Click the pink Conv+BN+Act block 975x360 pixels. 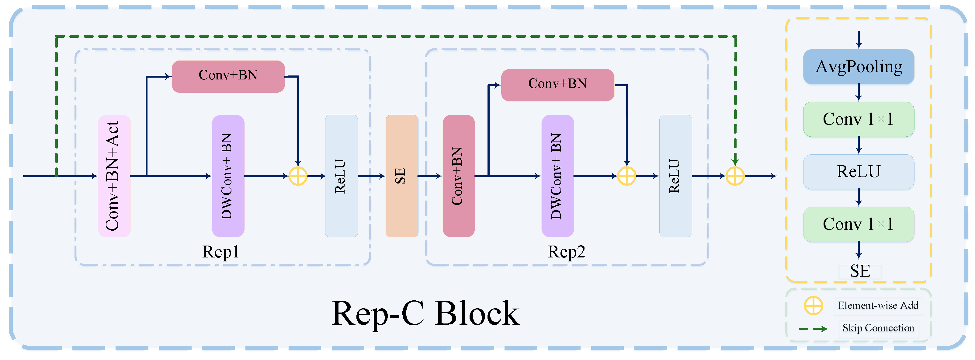point(114,176)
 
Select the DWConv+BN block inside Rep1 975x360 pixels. point(228,176)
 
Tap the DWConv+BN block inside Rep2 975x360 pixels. point(557,176)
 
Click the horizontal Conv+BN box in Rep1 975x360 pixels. point(228,76)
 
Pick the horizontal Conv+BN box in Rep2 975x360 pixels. point(557,85)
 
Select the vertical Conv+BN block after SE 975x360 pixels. point(458,176)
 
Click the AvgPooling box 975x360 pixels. point(859,67)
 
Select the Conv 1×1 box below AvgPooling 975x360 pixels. point(859,119)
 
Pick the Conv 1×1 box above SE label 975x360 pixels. point(859,224)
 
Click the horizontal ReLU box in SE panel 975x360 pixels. point(859,172)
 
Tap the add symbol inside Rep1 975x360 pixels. point(298,176)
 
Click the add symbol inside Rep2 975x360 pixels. point(626,176)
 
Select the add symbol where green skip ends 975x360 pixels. point(735,176)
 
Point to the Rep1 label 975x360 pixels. point(221,252)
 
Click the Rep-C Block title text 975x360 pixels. point(425,313)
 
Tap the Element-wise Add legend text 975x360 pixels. point(878,306)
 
